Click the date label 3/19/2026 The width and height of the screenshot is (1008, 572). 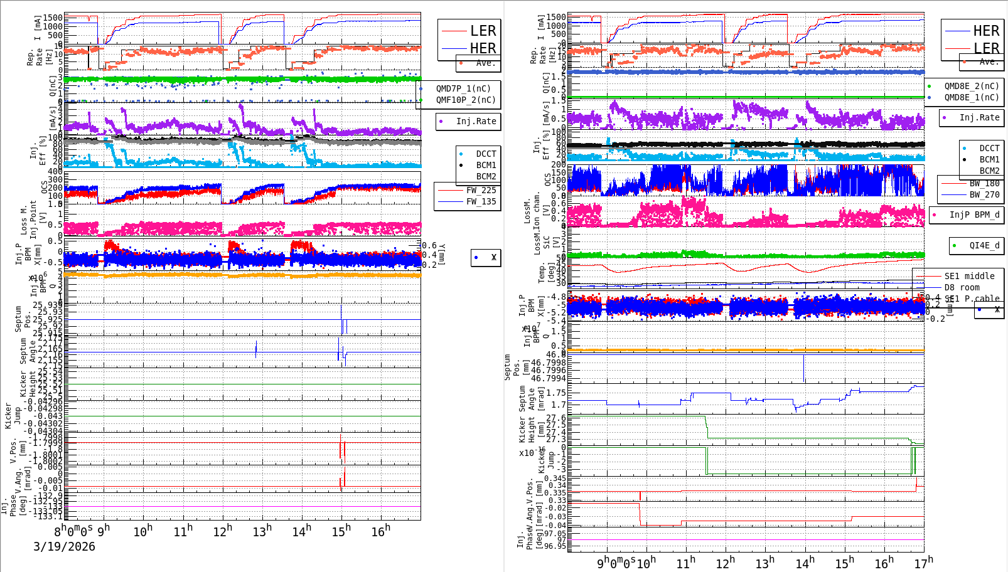(x=64, y=546)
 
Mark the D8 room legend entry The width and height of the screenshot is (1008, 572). (x=962, y=287)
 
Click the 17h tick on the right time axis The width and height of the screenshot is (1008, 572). (x=923, y=563)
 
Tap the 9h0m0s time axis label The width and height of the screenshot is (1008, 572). (x=616, y=563)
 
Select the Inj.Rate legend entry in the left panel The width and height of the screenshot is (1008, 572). (x=475, y=121)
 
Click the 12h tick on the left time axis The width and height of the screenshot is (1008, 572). (x=222, y=531)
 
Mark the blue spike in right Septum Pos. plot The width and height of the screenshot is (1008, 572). (x=804, y=368)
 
